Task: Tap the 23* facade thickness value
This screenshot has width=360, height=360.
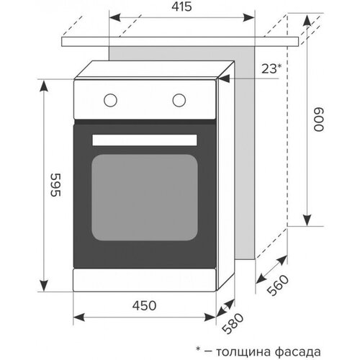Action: click(x=269, y=70)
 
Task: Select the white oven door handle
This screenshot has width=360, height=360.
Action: click(x=145, y=139)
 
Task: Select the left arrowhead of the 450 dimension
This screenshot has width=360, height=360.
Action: click(x=79, y=317)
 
